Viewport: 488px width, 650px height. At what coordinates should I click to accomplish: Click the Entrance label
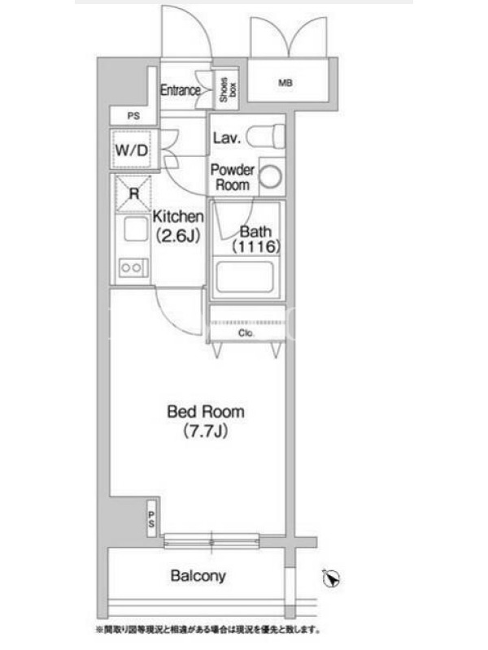click(181, 90)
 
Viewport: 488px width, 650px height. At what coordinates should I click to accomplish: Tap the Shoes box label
click(228, 89)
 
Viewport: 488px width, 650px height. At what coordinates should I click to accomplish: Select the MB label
click(285, 84)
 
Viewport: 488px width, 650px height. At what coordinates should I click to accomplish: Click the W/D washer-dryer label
click(131, 150)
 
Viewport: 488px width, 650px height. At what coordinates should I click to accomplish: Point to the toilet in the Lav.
click(265, 136)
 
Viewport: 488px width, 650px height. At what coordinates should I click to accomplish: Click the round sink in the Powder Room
click(271, 176)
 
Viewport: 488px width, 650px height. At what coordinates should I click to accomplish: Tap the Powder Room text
click(233, 177)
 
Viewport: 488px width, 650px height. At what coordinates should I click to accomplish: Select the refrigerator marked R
click(133, 193)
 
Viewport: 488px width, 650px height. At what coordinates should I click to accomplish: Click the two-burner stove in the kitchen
click(133, 267)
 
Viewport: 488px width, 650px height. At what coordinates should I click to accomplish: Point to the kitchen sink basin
click(136, 229)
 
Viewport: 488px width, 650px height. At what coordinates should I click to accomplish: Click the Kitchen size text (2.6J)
click(178, 236)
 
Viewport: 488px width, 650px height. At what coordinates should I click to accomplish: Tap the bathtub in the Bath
click(245, 276)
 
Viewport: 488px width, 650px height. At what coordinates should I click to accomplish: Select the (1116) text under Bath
click(256, 247)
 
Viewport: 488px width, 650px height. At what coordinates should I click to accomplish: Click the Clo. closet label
click(246, 333)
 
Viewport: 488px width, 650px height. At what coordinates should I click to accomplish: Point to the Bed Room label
click(206, 412)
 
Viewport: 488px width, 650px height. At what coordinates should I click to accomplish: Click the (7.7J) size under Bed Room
click(206, 431)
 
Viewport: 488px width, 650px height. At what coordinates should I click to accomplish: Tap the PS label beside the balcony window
click(151, 519)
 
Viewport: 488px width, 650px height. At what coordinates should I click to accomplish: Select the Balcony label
click(198, 576)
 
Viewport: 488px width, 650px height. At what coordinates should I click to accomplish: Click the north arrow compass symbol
click(332, 578)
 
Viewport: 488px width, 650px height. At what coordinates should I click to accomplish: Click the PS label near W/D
click(133, 116)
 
